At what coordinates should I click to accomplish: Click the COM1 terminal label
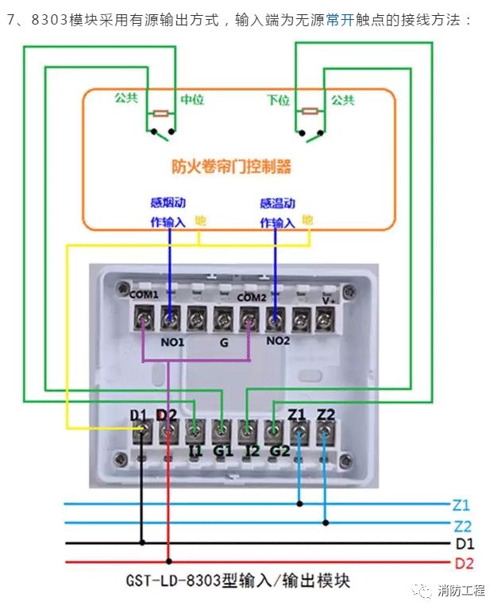pos(145,295)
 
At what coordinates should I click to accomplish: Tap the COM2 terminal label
pos(251,298)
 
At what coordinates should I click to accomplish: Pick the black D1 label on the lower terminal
pos(139,414)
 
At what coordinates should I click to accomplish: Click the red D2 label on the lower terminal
pos(167,414)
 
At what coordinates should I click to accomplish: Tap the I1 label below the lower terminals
pos(195,451)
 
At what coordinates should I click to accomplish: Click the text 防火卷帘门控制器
pos(232,167)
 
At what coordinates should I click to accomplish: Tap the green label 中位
pos(192,100)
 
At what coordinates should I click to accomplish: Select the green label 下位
pos(278,100)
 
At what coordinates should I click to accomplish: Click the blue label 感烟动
pos(168,203)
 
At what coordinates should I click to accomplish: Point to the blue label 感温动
pos(277,203)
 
